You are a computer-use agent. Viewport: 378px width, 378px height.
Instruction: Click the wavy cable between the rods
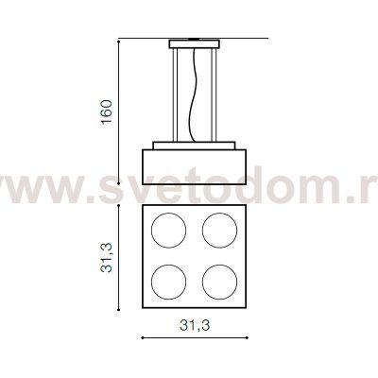[x=196, y=94]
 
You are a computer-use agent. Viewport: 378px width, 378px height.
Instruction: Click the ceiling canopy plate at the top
[x=196, y=43]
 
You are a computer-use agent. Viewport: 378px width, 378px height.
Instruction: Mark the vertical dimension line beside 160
[x=119, y=112]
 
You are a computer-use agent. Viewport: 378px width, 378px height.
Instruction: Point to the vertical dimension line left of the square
[x=119, y=254]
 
